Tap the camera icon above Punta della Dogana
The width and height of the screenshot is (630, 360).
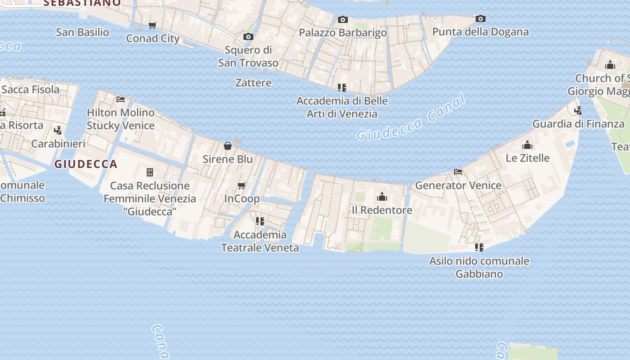pos(481,19)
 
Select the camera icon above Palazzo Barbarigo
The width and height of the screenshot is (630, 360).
pos(343,19)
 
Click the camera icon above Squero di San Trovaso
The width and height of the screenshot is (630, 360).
pos(248,37)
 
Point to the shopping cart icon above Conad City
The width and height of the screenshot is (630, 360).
pos(153,25)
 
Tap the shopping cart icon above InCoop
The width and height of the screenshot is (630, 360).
pos(242,185)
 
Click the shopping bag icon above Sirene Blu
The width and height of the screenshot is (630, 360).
pos(228,146)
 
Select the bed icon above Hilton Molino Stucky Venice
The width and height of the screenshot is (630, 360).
pos(120,99)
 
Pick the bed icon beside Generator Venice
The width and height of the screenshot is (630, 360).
pos(458,172)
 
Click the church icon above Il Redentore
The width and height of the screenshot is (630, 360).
pos(382,197)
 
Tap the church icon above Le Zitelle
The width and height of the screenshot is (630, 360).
pos(527,145)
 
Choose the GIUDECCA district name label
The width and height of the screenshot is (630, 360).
pos(86,164)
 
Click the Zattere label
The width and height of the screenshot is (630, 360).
pos(253,83)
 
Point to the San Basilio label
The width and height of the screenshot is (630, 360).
pos(82,32)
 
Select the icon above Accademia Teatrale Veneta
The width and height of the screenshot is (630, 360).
pos(260,221)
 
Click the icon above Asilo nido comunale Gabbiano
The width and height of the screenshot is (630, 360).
pos(479,247)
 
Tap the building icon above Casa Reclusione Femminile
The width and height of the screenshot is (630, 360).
pos(150,172)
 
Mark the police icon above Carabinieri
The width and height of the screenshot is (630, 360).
pos(58,130)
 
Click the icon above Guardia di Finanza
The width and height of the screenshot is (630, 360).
pos(578,110)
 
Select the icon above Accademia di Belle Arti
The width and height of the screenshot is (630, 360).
pos(342,87)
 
